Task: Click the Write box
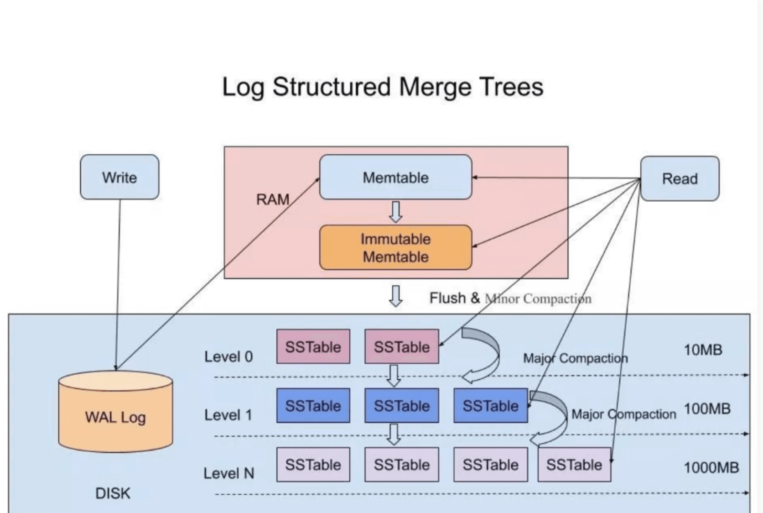119,177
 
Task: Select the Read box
680,178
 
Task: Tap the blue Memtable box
395,177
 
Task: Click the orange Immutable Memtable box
395,247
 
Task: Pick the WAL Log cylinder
115,416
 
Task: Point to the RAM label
273,199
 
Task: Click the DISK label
113,493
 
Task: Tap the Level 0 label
228,356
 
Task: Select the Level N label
228,473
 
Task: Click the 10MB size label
703,350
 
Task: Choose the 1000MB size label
711,467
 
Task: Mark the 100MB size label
707,408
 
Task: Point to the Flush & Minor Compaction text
510,298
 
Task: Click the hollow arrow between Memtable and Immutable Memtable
396,212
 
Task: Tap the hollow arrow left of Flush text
396,296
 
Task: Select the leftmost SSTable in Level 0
313,347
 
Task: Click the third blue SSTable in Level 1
490,406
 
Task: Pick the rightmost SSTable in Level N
574,465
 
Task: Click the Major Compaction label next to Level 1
623,414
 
